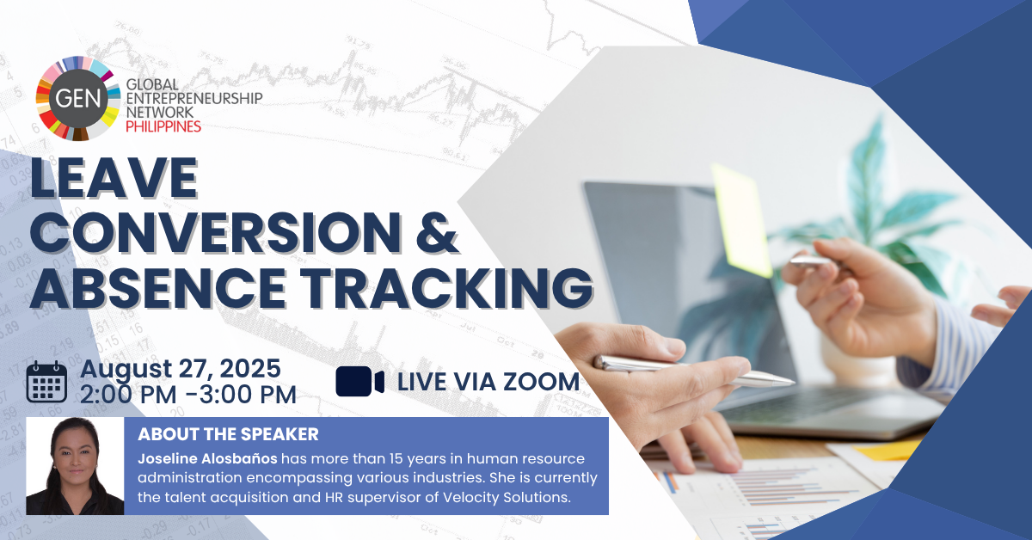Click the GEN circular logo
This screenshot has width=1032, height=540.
click(78, 98)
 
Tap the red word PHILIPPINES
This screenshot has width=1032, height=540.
click(163, 126)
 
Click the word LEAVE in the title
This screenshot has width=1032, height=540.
click(114, 178)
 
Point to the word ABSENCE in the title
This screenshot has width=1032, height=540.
click(158, 287)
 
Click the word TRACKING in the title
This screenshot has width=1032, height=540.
click(446, 287)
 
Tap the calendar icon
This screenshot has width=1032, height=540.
click(46, 382)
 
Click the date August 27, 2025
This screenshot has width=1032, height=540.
click(180, 369)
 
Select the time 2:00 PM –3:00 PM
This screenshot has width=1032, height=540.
click(188, 395)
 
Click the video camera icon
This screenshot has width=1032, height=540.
click(359, 382)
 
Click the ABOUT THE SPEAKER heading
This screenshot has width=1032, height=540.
click(228, 434)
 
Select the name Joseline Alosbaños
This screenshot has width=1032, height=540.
click(207, 459)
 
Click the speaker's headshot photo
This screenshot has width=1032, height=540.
click(75, 466)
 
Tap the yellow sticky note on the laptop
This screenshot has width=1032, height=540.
click(741, 220)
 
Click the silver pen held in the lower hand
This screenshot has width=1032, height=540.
click(693, 371)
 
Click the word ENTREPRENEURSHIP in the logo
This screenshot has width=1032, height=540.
click(194, 98)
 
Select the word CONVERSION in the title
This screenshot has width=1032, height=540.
click(216, 233)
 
